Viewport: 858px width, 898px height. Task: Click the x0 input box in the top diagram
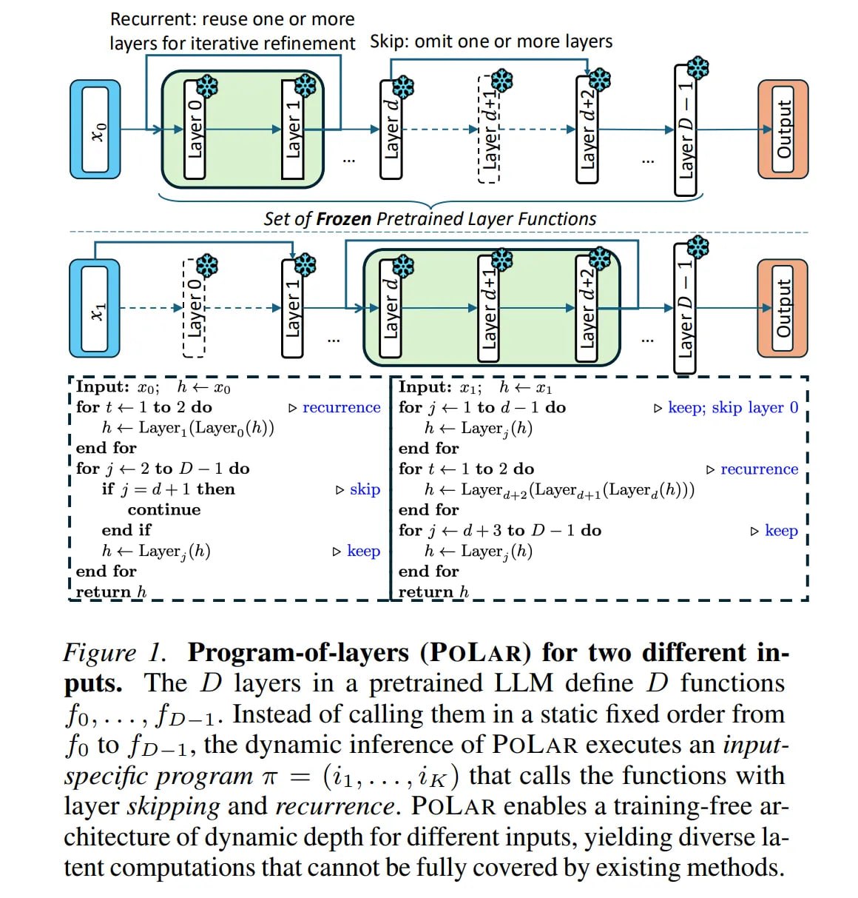click(95, 130)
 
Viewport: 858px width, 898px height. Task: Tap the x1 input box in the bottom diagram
click(95, 308)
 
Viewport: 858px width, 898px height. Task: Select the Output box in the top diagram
click(783, 130)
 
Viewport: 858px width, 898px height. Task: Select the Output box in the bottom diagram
click(783, 308)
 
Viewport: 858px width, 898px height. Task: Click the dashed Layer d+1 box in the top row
click(489, 130)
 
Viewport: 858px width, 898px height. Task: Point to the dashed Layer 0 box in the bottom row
click(194, 308)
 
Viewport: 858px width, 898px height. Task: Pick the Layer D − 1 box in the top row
click(685, 130)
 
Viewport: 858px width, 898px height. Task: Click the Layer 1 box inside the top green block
click(293, 130)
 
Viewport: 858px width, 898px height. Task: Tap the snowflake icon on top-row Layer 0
click(207, 87)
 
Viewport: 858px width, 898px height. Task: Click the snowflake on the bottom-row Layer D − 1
click(697, 247)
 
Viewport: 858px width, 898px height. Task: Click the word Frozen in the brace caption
click(343, 218)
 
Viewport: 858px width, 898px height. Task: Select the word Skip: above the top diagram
click(390, 42)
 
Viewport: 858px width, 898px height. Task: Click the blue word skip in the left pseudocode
click(365, 489)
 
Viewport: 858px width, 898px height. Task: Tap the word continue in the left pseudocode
click(164, 509)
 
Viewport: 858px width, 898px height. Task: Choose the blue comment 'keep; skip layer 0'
click(733, 407)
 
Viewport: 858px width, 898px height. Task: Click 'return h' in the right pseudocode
click(433, 592)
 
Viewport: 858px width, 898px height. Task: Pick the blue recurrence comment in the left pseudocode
click(341, 407)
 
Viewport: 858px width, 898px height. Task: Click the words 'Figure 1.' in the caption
click(115, 652)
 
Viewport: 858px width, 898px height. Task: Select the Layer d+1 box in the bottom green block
click(489, 308)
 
